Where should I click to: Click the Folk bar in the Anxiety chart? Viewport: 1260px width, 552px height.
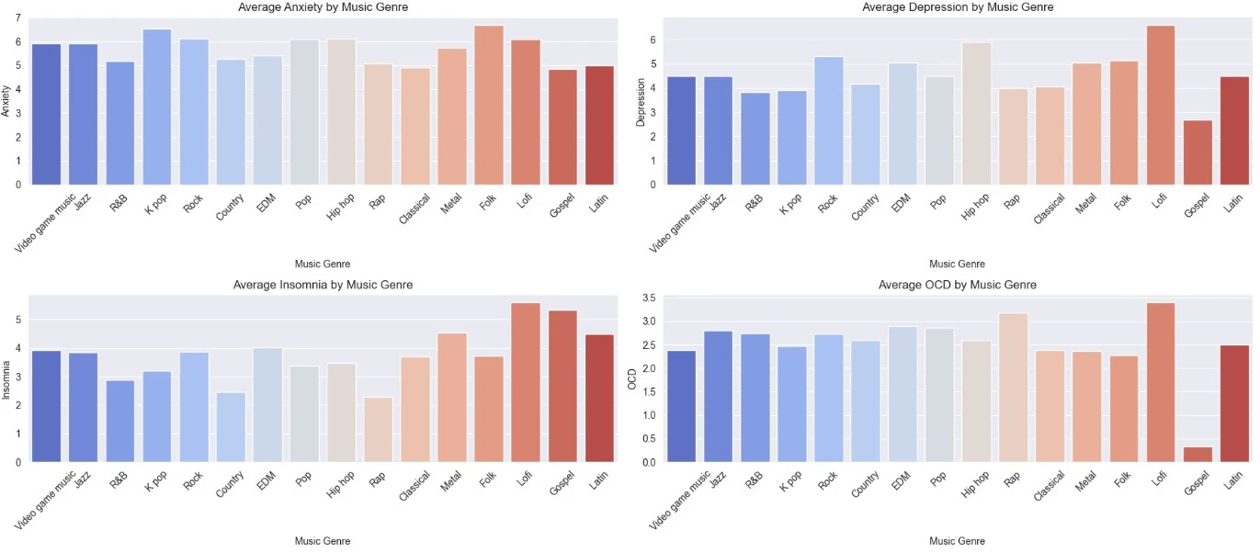tap(489, 106)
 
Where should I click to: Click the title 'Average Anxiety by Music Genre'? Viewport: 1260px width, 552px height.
tap(323, 7)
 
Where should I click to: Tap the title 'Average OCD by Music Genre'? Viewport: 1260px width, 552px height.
tap(957, 285)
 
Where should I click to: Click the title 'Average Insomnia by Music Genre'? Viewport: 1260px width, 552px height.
tap(323, 285)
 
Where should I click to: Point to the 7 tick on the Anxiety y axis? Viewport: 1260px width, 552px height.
tap(18, 18)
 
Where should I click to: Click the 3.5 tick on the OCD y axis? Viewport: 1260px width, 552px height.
tap(648, 299)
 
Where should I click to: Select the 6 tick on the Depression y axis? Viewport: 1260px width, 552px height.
tap(653, 40)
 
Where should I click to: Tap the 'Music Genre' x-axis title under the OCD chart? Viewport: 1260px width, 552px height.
tap(957, 542)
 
